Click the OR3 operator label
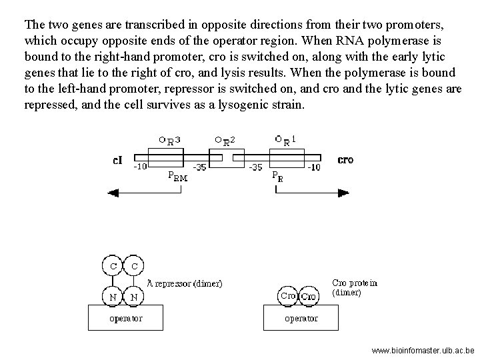(169, 140)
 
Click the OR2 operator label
(225, 140)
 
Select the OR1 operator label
(285, 140)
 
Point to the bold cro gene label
(346, 161)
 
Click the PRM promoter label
(177, 177)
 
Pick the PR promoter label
(277, 177)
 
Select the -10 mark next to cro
(313, 167)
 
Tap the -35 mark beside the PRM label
(199, 167)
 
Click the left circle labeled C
(113, 266)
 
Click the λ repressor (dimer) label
(185, 283)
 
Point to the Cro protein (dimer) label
(354, 287)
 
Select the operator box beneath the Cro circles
(301, 317)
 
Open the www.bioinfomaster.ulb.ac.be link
(423, 349)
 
